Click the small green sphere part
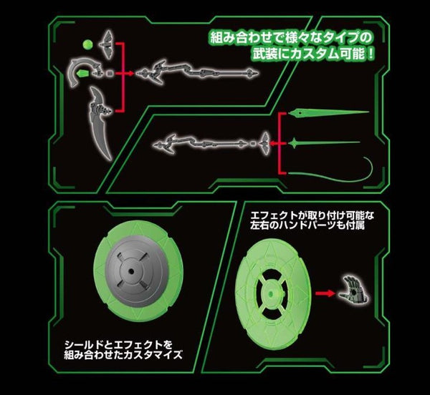point(87,44)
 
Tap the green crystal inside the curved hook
point(83,74)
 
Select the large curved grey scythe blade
point(100,123)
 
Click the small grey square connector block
point(110,74)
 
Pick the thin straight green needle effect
point(324,142)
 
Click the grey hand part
point(353,291)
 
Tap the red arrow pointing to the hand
point(325,293)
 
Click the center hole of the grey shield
point(131,271)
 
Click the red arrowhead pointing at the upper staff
point(131,74)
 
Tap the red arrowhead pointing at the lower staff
point(272,143)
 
